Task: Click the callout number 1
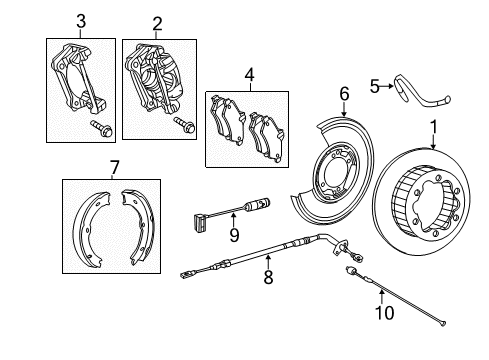[x=433, y=127]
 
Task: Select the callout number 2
[x=157, y=24]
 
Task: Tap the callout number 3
[x=81, y=21]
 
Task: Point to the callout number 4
[x=249, y=75]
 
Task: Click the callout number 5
[x=375, y=87]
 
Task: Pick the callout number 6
[x=344, y=94]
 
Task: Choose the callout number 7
[x=114, y=168]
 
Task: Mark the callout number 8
[x=268, y=277]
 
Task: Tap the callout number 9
[x=234, y=235]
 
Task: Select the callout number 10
[x=385, y=313]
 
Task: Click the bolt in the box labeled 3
[x=102, y=128]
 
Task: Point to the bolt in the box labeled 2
[x=185, y=125]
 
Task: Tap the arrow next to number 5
[x=387, y=86]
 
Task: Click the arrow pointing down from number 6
[x=344, y=109]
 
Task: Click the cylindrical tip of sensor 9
[x=258, y=204]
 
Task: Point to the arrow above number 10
[x=382, y=297]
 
